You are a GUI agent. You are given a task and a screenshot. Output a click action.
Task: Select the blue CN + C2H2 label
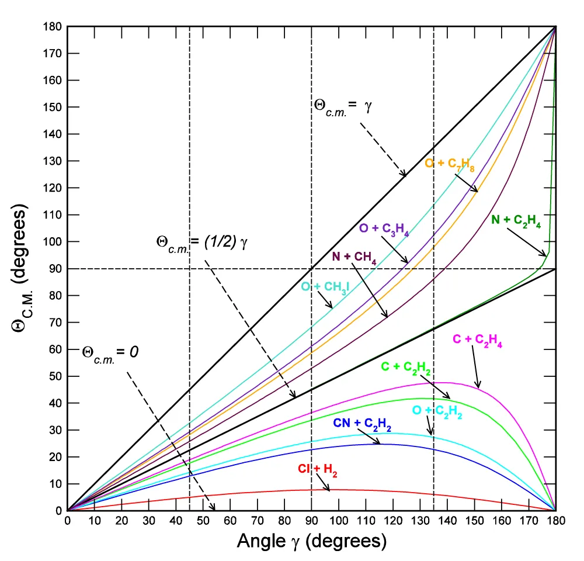pos(362,424)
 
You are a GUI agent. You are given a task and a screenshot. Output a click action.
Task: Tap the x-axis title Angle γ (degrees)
pos(311,541)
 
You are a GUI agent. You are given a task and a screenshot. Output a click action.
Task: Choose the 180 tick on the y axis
pos(55,27)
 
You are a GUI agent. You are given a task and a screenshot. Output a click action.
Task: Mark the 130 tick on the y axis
pos(55,161)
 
